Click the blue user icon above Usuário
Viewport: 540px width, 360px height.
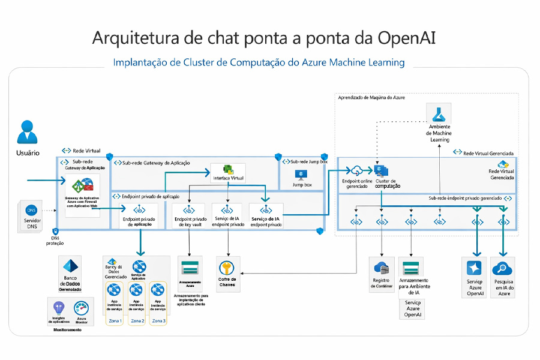(27, 132)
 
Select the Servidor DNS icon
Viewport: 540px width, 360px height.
(31, 210)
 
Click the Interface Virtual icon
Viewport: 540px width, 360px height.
(228, 170)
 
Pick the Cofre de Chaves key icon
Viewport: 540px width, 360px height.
(227, 268)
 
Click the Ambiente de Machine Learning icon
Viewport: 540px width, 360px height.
(440, 113)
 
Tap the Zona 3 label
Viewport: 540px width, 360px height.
(158, 321)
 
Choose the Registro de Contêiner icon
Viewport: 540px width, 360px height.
(382, 268)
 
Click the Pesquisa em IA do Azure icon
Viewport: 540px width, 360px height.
(503, 268)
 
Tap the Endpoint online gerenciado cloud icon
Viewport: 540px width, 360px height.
(356, 170)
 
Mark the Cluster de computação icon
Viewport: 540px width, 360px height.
(382, 170)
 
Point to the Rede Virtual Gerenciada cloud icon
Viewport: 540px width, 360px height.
(503, 164)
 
